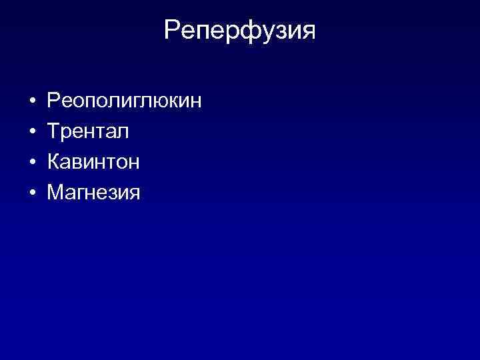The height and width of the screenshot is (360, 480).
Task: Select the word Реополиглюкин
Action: click(x=124, y=102)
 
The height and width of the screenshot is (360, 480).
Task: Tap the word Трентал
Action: click(x=88, y=132)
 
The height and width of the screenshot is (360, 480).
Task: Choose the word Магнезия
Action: click(x=93, y=193)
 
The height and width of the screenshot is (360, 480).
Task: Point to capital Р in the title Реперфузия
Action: click(x=173, y=30)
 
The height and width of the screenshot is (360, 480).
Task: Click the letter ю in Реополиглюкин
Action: click(x=159, y=103)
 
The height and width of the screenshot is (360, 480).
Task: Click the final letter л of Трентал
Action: click(x=123, y=133)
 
